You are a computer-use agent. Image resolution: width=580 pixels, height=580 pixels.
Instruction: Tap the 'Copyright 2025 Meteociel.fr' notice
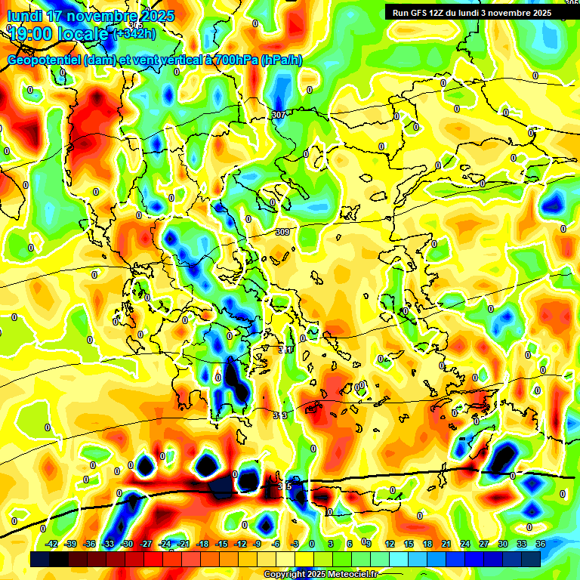tap(320, 574)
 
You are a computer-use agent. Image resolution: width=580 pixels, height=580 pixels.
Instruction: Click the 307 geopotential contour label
tap(278, 115)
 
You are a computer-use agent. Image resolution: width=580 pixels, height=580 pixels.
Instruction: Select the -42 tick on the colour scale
tap(53, 544)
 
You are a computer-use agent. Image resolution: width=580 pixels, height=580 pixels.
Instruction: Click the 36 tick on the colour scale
tap(540, 544)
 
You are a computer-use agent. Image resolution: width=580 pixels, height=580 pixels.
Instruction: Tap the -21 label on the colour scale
tap(184, 544)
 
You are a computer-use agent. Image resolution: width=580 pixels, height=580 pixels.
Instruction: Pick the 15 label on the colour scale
tap(408, 544)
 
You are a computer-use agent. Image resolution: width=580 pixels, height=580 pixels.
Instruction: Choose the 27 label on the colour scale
tap(483, 544)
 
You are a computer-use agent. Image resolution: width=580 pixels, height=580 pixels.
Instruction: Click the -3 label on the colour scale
tap(295, 544)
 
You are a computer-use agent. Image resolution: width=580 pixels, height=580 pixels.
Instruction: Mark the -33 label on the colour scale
tap(109, 544)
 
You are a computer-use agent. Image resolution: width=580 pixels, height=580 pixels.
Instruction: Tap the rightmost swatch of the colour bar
tap(531, 559)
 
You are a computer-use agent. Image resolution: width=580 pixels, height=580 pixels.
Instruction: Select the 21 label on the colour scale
tap(446, 544)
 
